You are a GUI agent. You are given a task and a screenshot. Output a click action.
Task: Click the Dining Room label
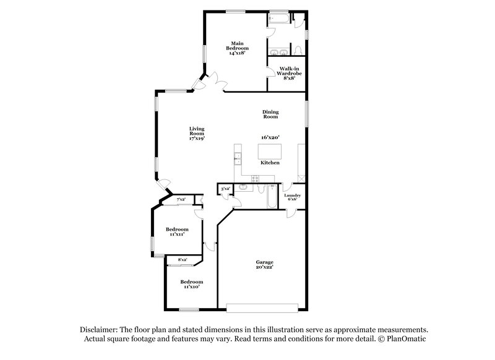(270, 114)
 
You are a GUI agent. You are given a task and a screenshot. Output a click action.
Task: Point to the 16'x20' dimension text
(270, 137)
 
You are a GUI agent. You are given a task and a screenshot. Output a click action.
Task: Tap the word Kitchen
(270, 163)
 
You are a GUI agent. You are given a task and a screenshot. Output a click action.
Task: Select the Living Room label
(197, 131)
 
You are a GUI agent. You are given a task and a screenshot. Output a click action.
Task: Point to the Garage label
(265, 262)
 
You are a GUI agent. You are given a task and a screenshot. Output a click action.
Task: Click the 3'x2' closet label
(225, 189)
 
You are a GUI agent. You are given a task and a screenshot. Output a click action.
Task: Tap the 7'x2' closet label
(181, 200)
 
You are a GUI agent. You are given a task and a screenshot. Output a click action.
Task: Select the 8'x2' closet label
(183, 260)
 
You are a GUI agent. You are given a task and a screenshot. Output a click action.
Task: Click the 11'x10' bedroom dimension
(191, 286)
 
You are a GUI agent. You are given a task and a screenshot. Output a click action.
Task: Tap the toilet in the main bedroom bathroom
(297, 48)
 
